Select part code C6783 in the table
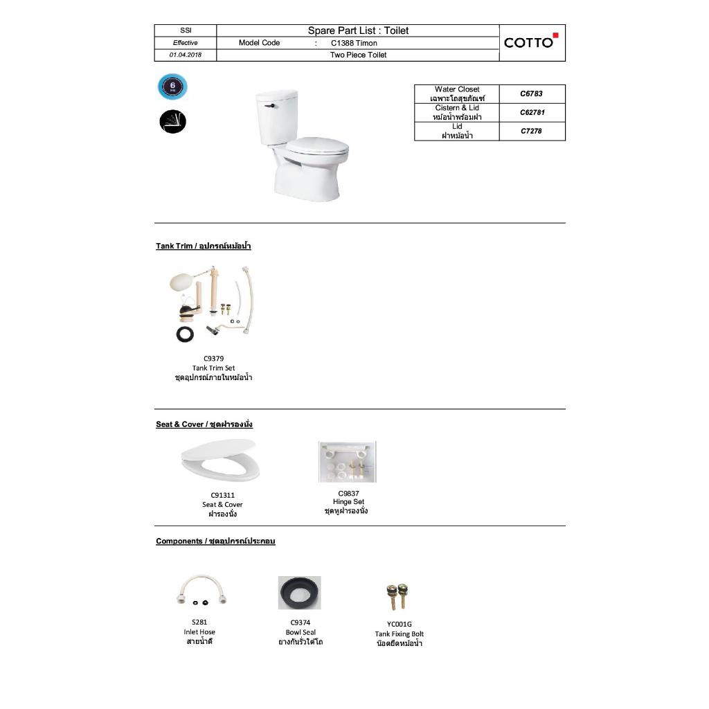pos(531,93)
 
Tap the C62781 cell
pos(531,112)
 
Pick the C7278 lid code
pos(531,131)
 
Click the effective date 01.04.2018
pos(185,55)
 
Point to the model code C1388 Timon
pos(354,43)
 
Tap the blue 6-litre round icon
pos(172,87)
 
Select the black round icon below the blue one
pos(172,122)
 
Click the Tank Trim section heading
pos(203,246)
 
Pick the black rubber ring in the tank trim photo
pos(184,334)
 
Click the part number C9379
pos(213,359)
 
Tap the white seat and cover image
pos(220,461)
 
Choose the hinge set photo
pos(348,462)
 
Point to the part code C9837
pos(348,494)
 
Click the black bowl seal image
pos(300,593)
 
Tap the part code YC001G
pos(399,624)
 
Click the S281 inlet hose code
pos(199,622)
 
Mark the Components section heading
pos(215,541)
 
